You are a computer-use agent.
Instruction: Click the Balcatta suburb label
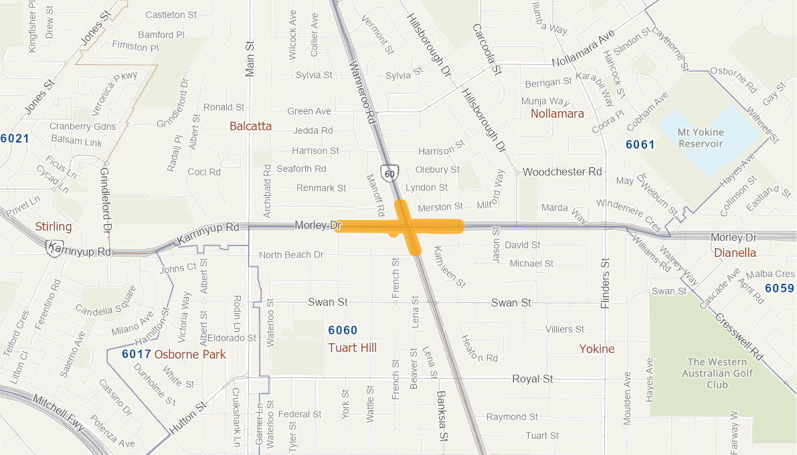coord(250,126)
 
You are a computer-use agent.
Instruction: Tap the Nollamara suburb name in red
coord(557,114)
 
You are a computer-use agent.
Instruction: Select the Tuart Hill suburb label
coord(352,347)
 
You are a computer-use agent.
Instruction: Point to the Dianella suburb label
coord(735,252)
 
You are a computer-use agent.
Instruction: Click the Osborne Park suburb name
coord(190,354)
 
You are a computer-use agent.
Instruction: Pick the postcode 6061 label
coord(640,144)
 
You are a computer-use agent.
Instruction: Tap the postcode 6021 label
coord(15,139)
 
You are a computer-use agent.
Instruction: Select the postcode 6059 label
coord(780,288)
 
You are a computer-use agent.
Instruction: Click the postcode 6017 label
coord(136,354)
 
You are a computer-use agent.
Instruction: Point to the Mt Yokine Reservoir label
coord(700,139)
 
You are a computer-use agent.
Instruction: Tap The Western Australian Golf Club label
coord(717,373)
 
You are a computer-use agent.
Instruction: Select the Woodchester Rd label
coord(562,172)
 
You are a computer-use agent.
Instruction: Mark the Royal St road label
coord(533,379)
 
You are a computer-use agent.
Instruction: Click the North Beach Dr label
coord(291,255)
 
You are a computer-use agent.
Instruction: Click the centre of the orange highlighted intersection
coord(409,227)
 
